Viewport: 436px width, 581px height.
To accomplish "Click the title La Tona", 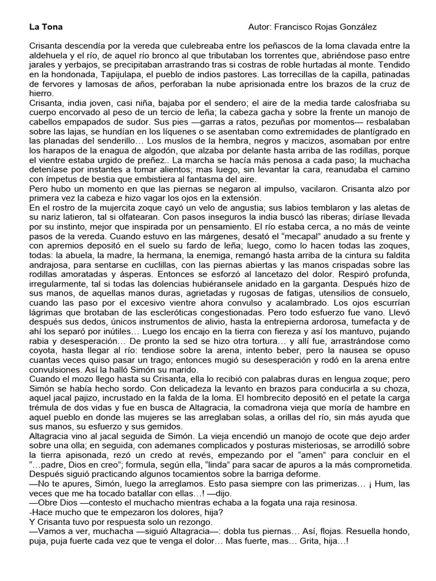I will coord(45,27).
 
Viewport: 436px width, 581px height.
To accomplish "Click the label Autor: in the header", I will coord(261,27).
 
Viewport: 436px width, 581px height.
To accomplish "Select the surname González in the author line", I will coord(356,27).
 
